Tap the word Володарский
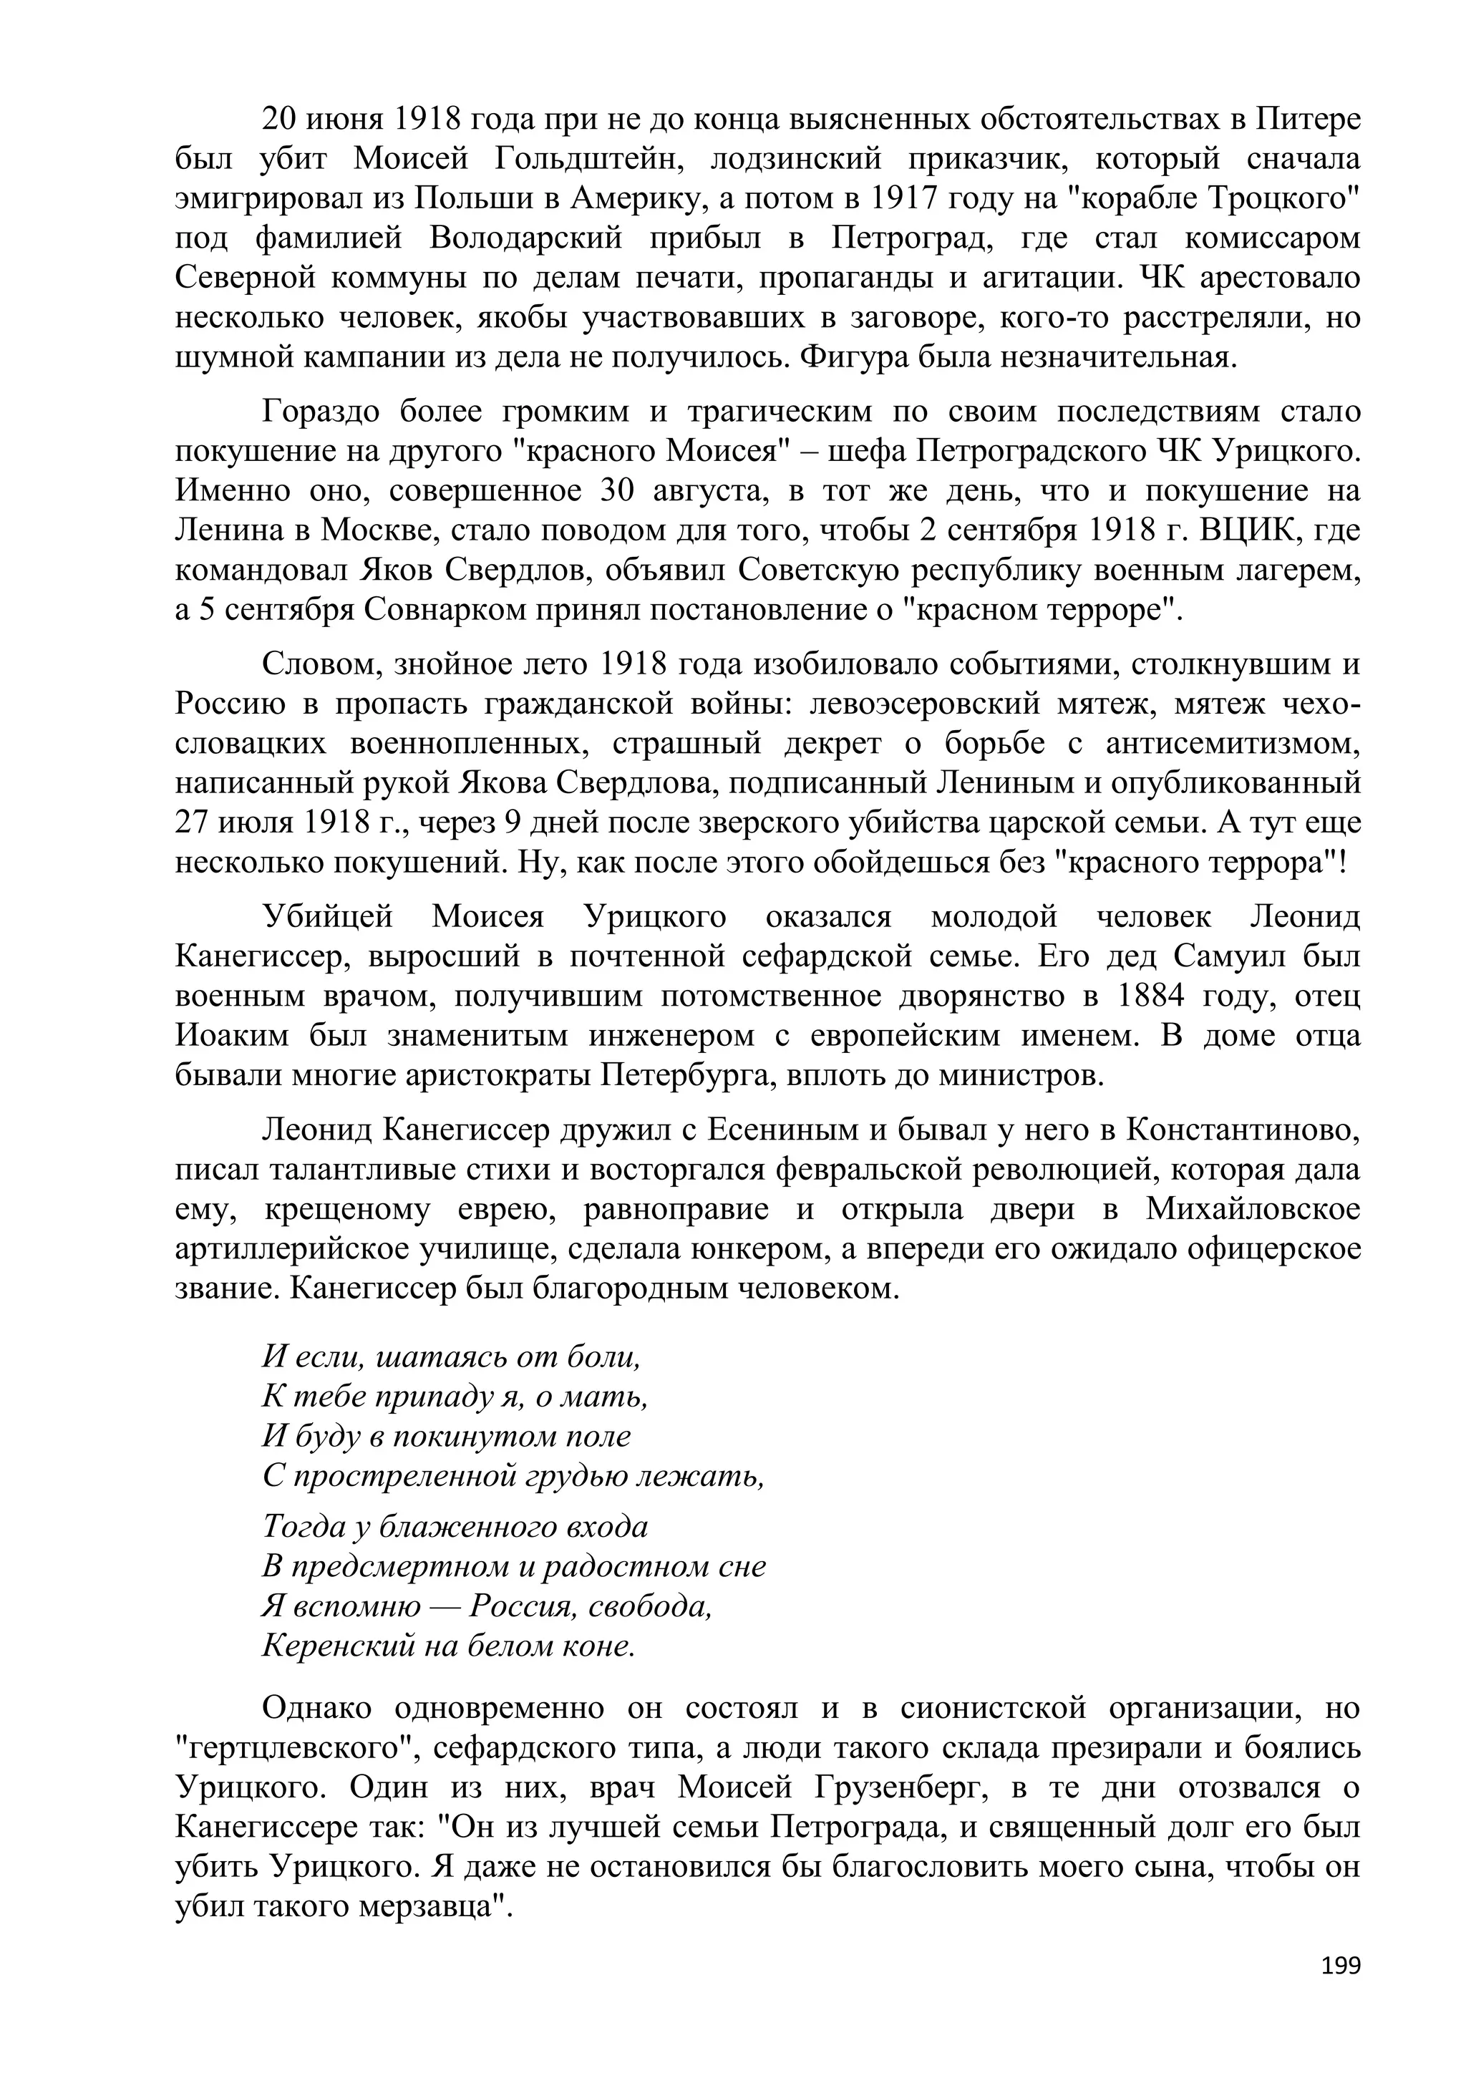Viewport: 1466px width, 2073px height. pyautogui.click(x=525, y=238)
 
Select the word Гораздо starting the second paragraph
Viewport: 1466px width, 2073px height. pyautogui.click(x=319, y=412)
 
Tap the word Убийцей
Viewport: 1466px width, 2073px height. pyautogui.click(x=328, y=918)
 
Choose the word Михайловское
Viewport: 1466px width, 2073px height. pyautogui.click(x=1253, y=1210)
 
